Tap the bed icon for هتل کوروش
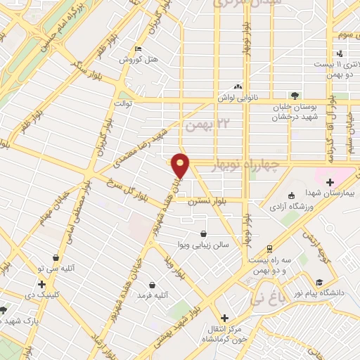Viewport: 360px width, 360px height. (x=138, y=49)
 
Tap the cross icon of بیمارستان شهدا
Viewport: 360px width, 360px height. (x=330, y=183)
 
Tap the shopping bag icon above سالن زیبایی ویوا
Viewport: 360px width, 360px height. (x=203, y=233)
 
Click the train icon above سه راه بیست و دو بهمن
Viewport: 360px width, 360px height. (x=269, y=249)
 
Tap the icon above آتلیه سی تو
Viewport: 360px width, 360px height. (x=55, y=258)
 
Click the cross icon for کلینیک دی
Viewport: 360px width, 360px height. (x=42, y=285)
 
